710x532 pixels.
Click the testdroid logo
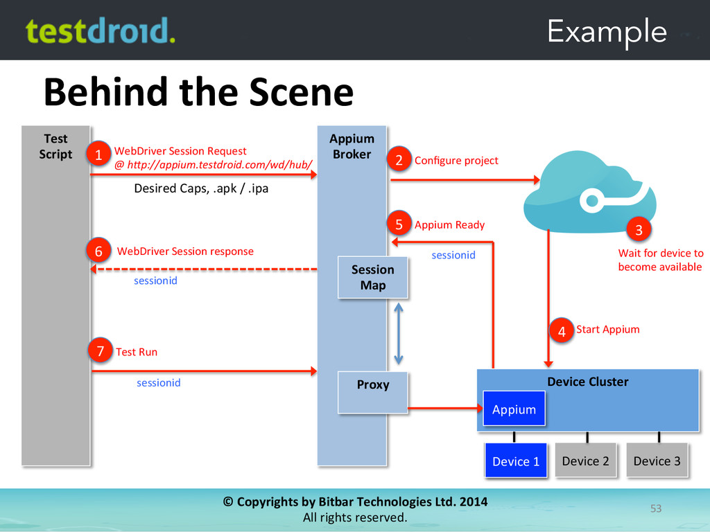pos(100,31)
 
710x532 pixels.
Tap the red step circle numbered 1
pos(98,156)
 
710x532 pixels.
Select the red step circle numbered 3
pos(639,229)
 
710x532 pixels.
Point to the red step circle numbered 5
pos(399,224)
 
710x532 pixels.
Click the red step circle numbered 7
pos(100,352)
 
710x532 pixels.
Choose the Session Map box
pos(372,277)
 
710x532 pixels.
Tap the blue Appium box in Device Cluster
pos(514,409)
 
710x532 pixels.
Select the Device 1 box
pos(516,461)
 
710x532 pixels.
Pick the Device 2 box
pos(585,461)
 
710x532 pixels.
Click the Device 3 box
pos(657,461)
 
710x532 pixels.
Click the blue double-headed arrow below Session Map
pos(398,332)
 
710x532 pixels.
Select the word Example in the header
pos(607,31)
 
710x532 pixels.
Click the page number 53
pos(655,509)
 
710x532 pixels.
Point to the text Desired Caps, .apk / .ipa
pos(200,188)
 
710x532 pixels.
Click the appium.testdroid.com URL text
pos(214,165)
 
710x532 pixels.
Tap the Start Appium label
pos(607,329)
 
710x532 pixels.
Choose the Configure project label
pos(456,161)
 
